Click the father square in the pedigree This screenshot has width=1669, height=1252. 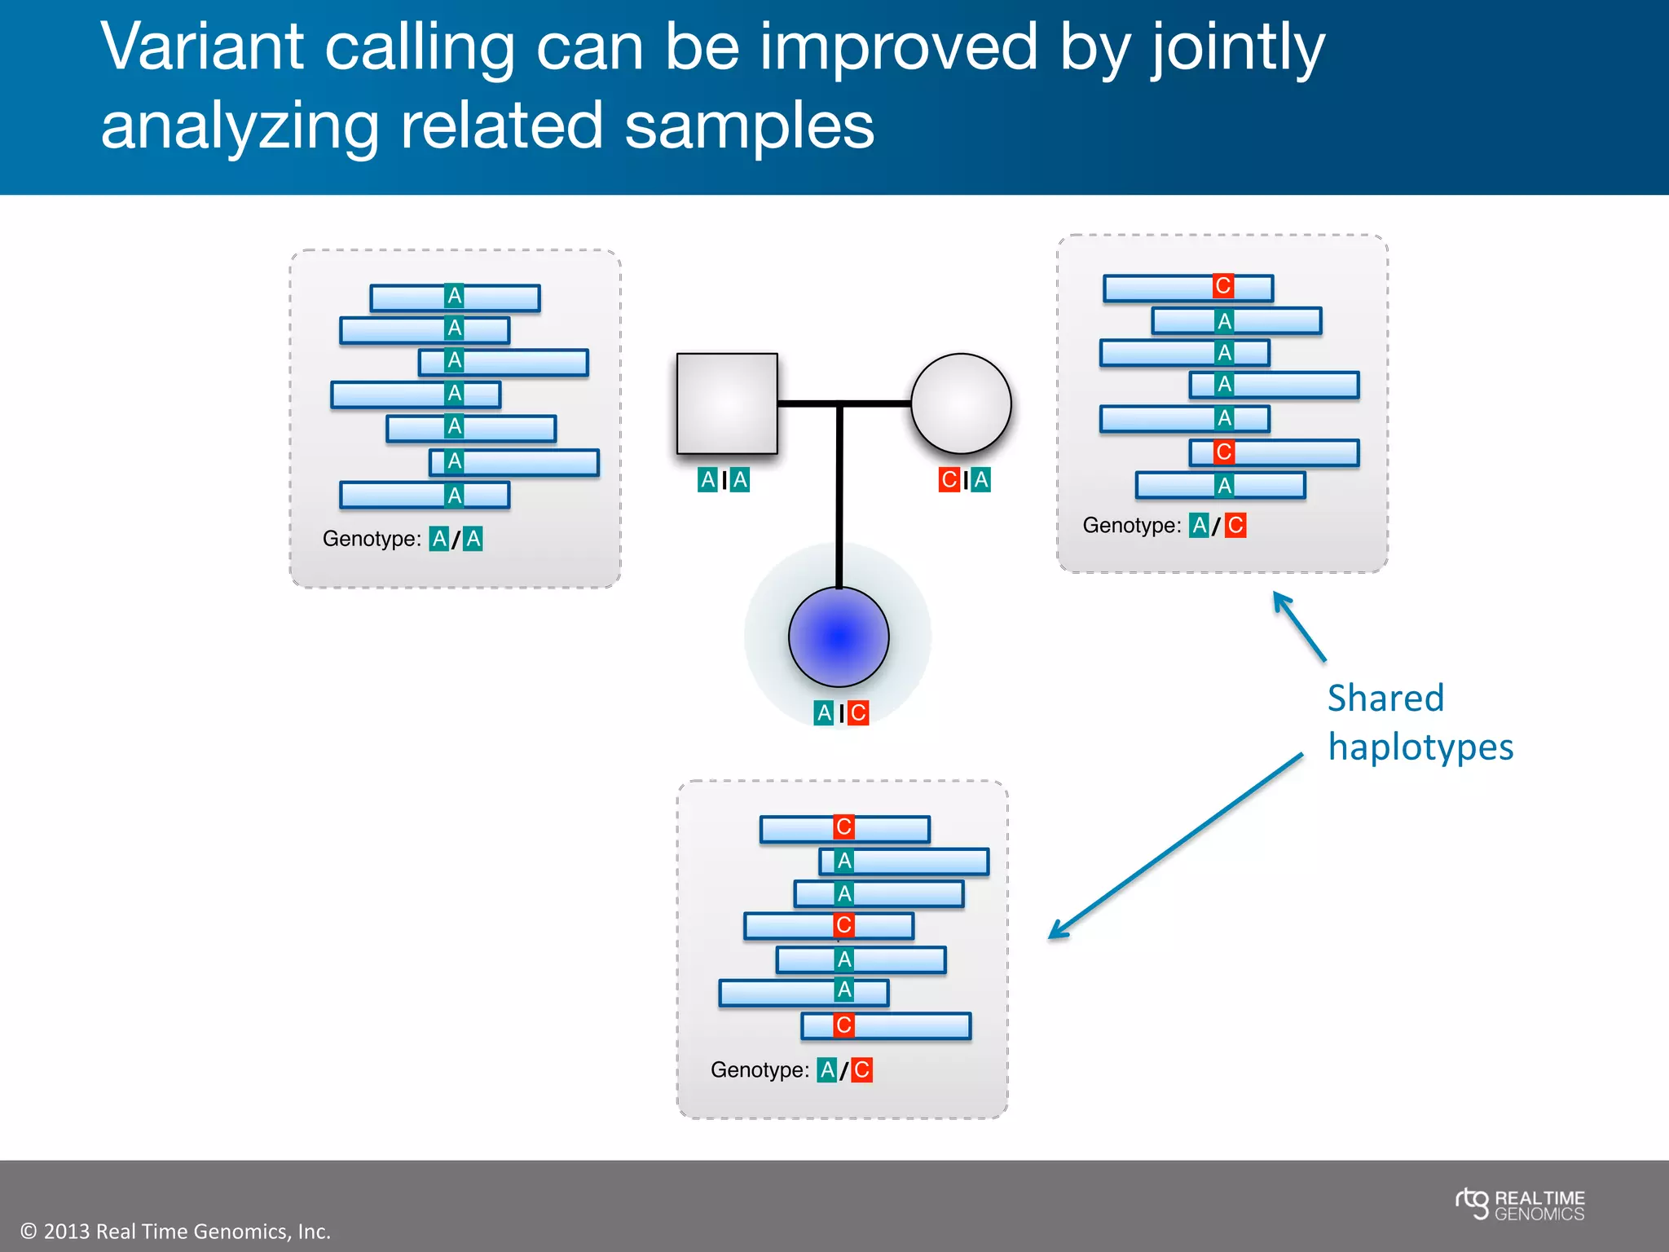[727, 403]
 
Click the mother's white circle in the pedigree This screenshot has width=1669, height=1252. [961, 403]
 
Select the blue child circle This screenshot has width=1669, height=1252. [839, 637]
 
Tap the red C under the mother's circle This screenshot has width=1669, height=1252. [949, 479]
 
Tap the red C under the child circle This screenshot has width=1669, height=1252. [858, 712]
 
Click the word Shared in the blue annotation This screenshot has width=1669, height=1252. [1385, 699]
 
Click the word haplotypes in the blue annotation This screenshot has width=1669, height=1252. [1420, 747]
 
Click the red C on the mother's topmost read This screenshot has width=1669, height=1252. [1222, 286]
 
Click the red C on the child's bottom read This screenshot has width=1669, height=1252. [843, 1025]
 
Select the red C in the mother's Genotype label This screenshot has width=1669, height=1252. [1235, 525]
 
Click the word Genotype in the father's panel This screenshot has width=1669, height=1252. [372, 539]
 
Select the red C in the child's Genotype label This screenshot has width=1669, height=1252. [861, 1069]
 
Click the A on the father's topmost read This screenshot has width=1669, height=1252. [455, 296]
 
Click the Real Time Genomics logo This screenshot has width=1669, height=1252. [1520, 1205]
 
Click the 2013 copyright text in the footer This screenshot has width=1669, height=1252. [175, 1231]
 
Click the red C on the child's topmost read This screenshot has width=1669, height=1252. [843, 827]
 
